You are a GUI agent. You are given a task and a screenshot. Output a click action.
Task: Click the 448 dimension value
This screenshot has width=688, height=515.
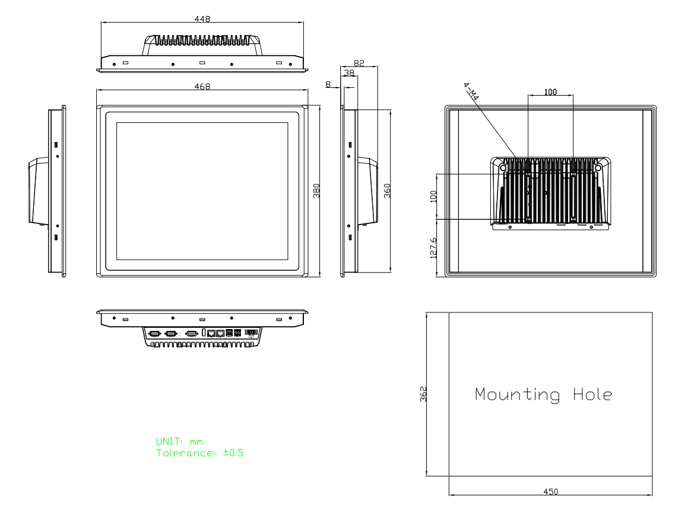202,19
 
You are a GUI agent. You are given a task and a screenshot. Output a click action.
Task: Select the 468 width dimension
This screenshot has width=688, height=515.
202,87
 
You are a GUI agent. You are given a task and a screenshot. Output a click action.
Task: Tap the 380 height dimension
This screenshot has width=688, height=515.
316,191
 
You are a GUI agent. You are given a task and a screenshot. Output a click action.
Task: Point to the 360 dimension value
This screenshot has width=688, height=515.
387,191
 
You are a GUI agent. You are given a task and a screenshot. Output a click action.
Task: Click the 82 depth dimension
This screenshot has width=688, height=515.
359,63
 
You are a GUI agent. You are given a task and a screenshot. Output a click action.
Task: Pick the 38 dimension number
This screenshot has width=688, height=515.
349,73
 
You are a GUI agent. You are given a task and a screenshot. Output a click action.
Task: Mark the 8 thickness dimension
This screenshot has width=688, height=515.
328,84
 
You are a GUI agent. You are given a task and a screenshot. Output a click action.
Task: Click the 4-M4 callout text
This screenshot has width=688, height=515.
471,91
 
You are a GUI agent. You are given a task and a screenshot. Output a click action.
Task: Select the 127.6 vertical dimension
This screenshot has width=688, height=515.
433,248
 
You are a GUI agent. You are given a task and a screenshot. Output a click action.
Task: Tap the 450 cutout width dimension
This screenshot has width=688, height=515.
551,492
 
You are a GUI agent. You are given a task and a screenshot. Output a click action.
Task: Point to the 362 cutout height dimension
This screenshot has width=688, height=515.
423,394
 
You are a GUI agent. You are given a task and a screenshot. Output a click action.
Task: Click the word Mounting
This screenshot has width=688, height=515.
517,394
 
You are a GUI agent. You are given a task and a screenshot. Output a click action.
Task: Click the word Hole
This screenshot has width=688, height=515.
592,394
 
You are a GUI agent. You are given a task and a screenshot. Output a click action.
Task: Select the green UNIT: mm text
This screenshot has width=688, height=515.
179,442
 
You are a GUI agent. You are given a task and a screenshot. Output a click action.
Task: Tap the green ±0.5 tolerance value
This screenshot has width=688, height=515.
233,453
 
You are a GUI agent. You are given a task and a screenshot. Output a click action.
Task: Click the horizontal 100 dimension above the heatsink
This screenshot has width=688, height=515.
550,91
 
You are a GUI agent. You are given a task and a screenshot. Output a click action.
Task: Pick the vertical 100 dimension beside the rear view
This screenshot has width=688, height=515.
433,196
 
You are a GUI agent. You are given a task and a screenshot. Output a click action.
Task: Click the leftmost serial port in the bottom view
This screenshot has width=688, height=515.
154,334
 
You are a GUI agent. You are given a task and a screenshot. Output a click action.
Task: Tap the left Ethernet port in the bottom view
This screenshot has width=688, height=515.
211,334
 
